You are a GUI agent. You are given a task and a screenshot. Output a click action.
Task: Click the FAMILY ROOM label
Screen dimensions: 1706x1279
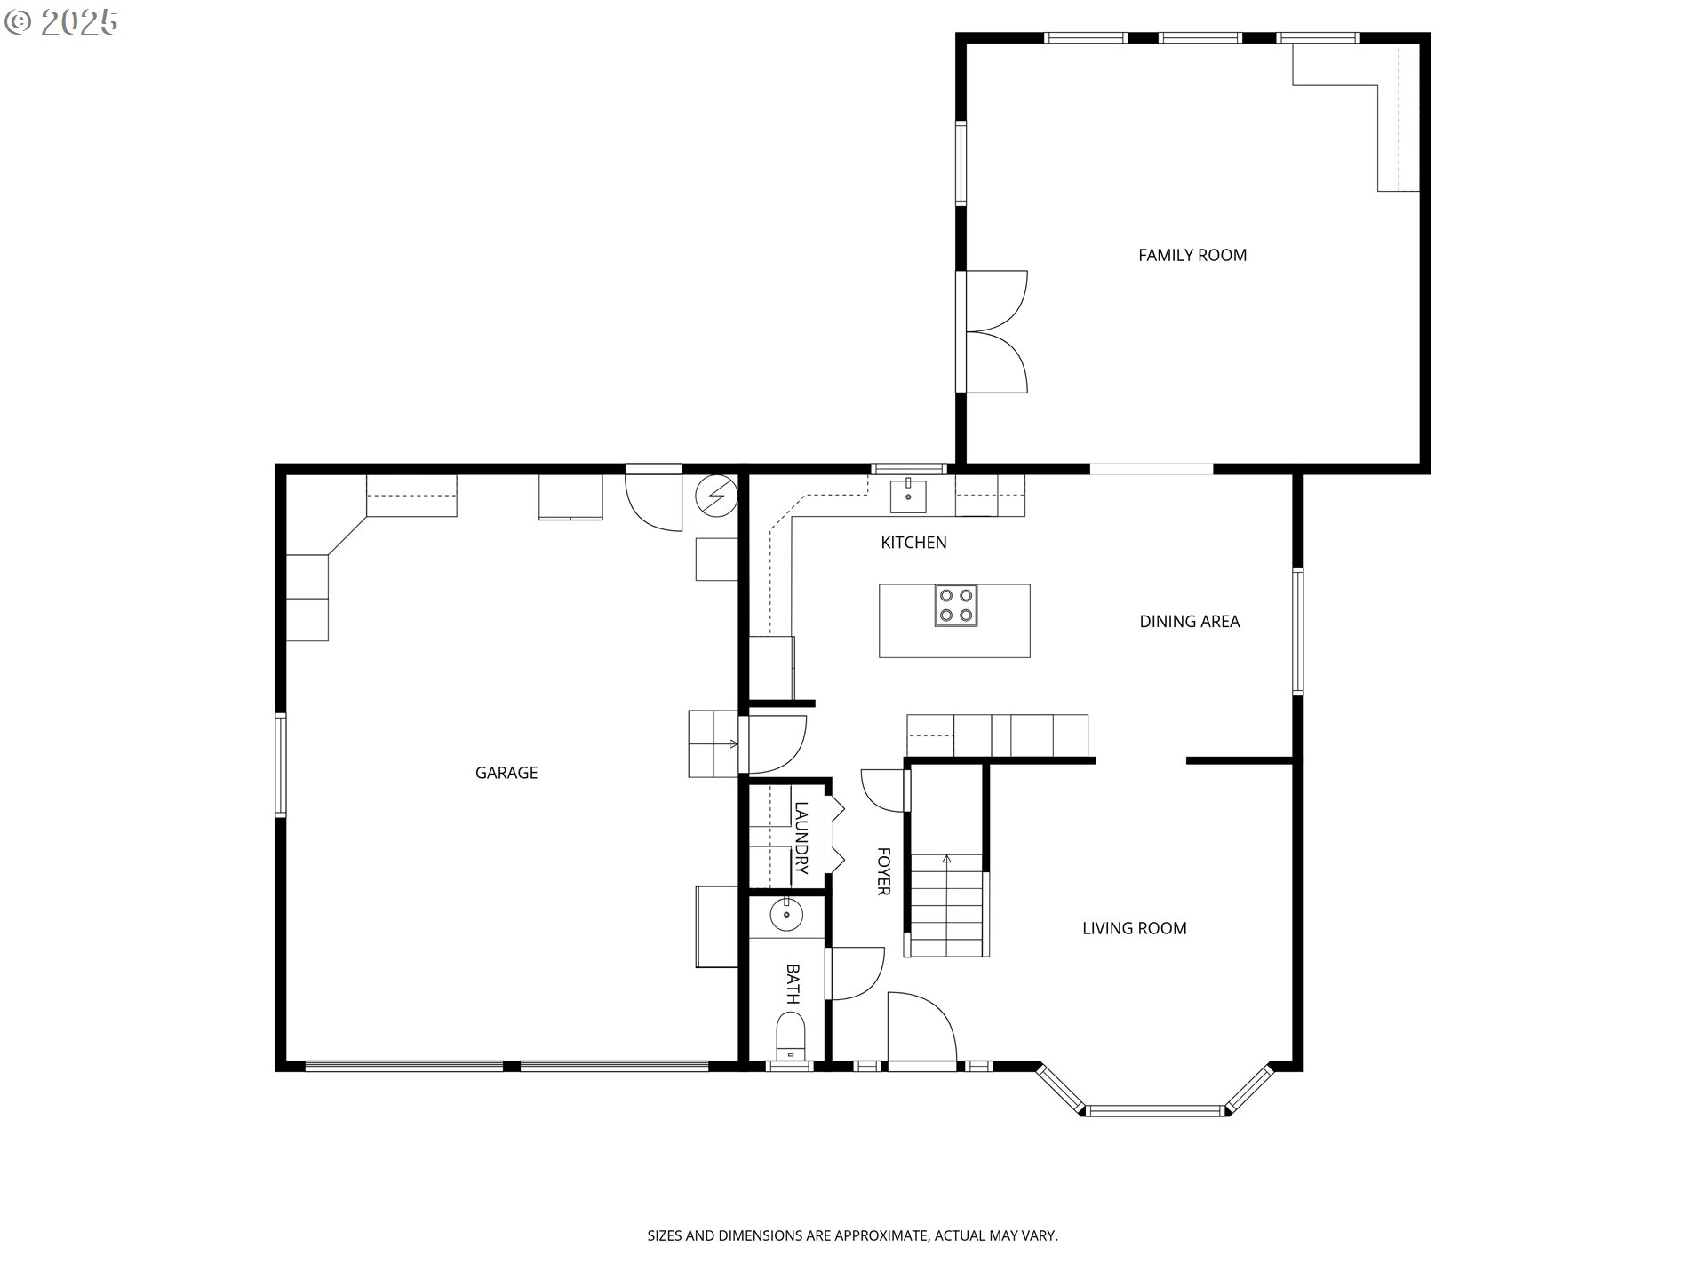[x=1192, y=256]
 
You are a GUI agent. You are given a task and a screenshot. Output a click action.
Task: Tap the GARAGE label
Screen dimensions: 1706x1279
[x=506, y=773]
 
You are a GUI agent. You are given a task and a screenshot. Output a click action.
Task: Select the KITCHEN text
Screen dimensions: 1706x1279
[x=913, y=543]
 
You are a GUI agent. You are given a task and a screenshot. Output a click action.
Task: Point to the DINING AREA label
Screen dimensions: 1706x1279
[x=1190, y=622]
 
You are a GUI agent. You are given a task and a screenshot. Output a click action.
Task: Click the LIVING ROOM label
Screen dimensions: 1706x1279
[x=1135, y=929]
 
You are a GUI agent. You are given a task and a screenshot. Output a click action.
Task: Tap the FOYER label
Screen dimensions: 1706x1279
[x=883, y=871]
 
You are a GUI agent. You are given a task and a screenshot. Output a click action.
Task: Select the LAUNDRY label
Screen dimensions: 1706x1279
[x=801, y=838]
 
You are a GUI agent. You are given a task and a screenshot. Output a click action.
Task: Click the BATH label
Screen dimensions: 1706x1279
[x=793, y=984]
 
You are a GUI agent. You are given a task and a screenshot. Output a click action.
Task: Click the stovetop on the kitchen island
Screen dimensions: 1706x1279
[x=955, y=606]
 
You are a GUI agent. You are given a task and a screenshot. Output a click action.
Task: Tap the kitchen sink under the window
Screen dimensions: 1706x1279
[x=908, y=497]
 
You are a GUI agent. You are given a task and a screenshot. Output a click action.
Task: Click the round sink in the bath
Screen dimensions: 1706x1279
[x=786, y=914]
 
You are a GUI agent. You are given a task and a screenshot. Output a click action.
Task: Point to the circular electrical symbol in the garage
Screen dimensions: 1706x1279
[x=716, y=496]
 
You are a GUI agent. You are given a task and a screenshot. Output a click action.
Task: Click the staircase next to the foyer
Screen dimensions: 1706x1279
[x=947, y=904]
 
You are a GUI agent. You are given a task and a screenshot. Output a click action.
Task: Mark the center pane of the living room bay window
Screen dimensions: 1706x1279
[x=1155, y=1110]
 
